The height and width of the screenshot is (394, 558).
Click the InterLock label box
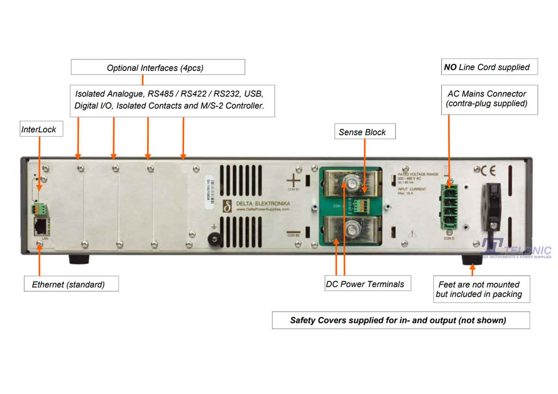[x=41, y=129]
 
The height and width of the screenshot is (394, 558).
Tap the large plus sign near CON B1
[x=293, y=181]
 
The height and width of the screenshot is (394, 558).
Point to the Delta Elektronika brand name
[x=263, y=204]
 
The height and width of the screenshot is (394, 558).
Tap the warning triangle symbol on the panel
[x=412, y=234]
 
